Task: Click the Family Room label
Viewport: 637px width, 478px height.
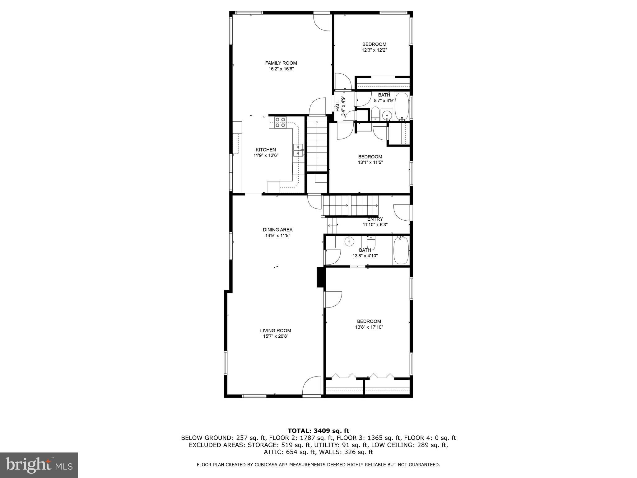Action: coord(281,63)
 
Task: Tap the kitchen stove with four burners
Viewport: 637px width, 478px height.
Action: coord(63,122)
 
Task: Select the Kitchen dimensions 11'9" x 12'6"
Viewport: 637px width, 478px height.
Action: coord(266,155)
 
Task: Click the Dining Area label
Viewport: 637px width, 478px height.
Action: coord(277,230)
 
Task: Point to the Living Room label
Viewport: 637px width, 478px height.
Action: coord(276,330)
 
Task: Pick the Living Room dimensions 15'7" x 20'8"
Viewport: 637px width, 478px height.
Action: coord(276,336)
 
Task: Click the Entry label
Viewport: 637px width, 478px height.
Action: coord(375,219)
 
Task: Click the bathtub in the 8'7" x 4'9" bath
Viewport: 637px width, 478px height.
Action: coord(402,106)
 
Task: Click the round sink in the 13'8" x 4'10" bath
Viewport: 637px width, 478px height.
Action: coord(350,240)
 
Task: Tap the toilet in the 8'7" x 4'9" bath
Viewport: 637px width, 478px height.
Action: coord(375,114)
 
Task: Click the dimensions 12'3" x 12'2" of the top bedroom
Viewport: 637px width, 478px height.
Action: coord(374,50)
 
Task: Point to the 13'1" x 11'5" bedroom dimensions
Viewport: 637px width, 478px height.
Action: coord(370,162)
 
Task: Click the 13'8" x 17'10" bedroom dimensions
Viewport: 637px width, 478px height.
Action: coord(369,327)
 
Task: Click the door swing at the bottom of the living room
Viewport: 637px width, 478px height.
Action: coord(311,386)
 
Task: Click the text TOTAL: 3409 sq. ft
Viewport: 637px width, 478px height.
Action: coord(318,431)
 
